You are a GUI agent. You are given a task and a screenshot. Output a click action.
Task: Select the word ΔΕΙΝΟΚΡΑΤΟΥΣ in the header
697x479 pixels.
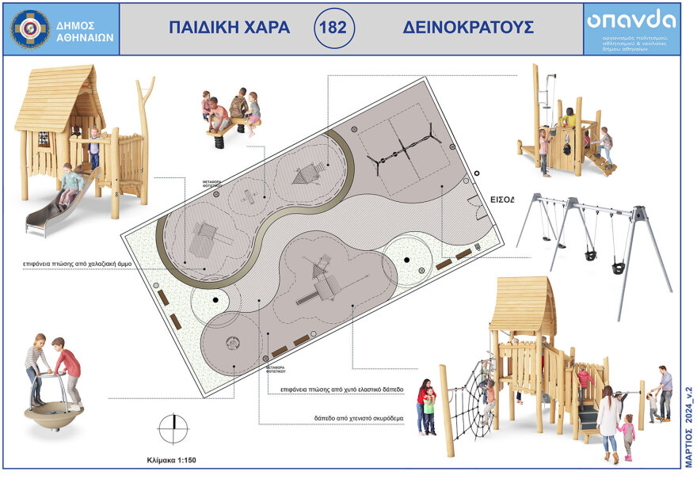click(467, 28)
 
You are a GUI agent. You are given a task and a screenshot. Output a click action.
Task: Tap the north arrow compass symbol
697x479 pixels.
click(173, 428)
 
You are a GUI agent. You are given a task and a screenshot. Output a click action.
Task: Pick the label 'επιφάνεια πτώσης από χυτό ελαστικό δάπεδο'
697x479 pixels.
click(342, 390)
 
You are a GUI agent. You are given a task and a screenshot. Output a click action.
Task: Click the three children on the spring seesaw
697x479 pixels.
click(231, 115)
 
